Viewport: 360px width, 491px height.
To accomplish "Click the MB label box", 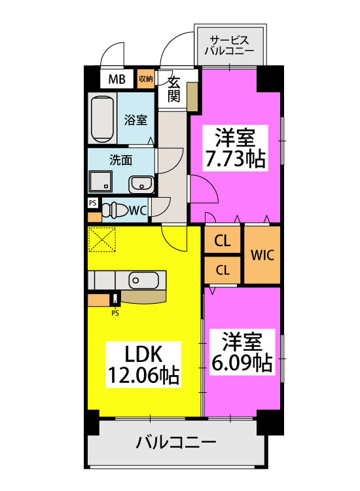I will coord(117,79).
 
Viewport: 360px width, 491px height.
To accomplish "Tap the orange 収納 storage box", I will coord(145,79).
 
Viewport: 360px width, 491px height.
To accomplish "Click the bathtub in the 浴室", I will coord(103,118).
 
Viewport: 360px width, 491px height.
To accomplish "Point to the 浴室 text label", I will coord(136,120).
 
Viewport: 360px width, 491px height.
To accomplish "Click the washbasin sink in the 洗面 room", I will coord(141,185).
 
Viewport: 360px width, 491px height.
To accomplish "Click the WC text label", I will coord(137,210).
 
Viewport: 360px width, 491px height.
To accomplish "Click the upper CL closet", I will coord(223,240).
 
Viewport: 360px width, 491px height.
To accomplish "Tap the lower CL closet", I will coord(223,270).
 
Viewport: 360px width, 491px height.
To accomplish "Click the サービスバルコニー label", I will coord(230,43).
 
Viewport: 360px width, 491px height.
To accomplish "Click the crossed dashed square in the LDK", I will coord(102,239).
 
